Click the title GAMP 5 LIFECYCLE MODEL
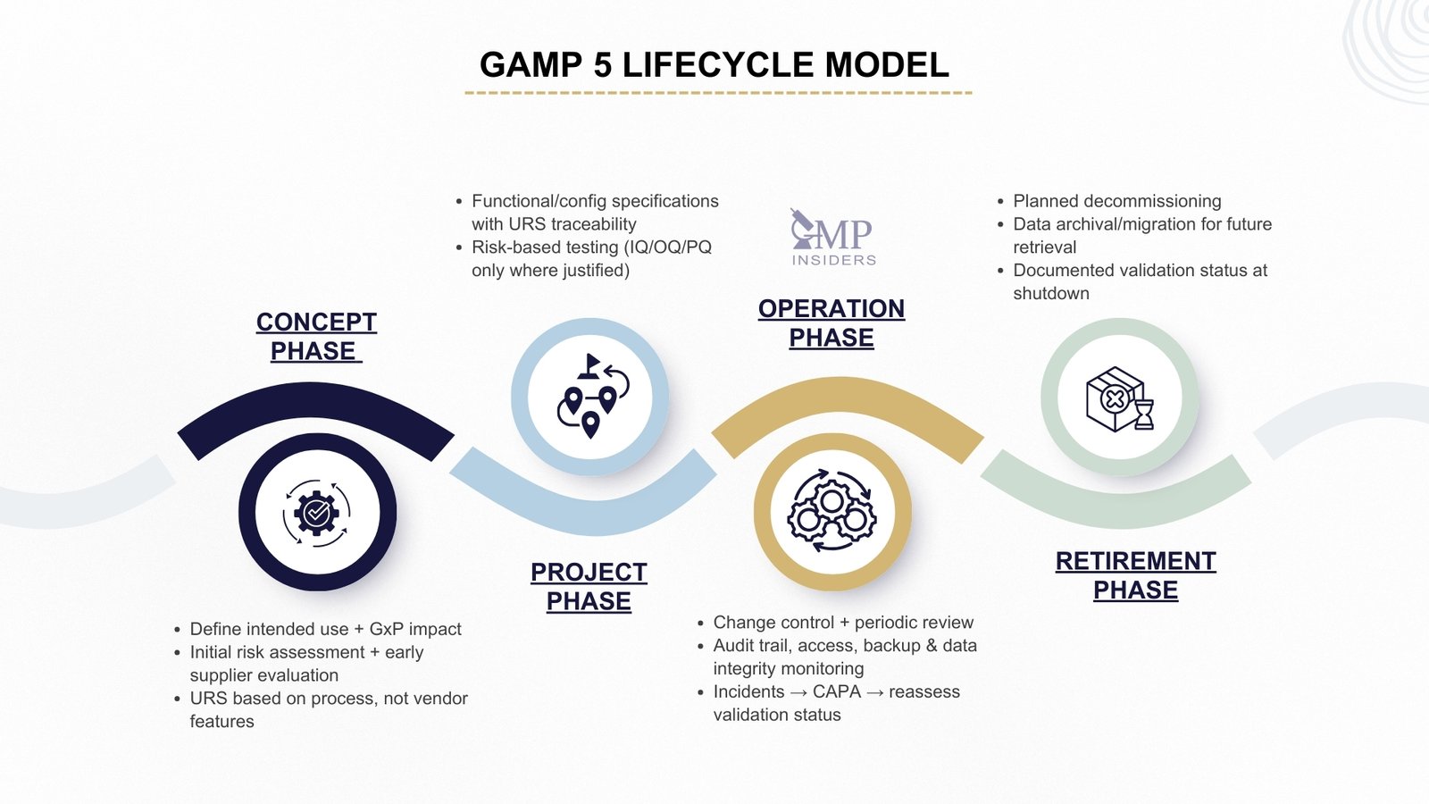[x=714, y=65]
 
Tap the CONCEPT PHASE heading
[x=316, y=336]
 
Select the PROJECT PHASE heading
[x=589, y=586]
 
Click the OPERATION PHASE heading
[x=831, y=322]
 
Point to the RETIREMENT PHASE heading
[x=1135, y=575]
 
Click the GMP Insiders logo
[x=832, y=238]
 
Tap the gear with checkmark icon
[x=317, y=513]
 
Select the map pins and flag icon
[x=590, y=397]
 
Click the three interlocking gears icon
[x=831, y=512]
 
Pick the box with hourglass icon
[x=1119, y=398]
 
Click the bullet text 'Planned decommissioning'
[x=1116, y=201]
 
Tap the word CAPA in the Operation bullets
[x=837, y=691]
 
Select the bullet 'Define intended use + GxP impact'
[x=325, y=629]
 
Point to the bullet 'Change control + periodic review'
[x=842, y=623]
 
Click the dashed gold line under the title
[x=717, y=92]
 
